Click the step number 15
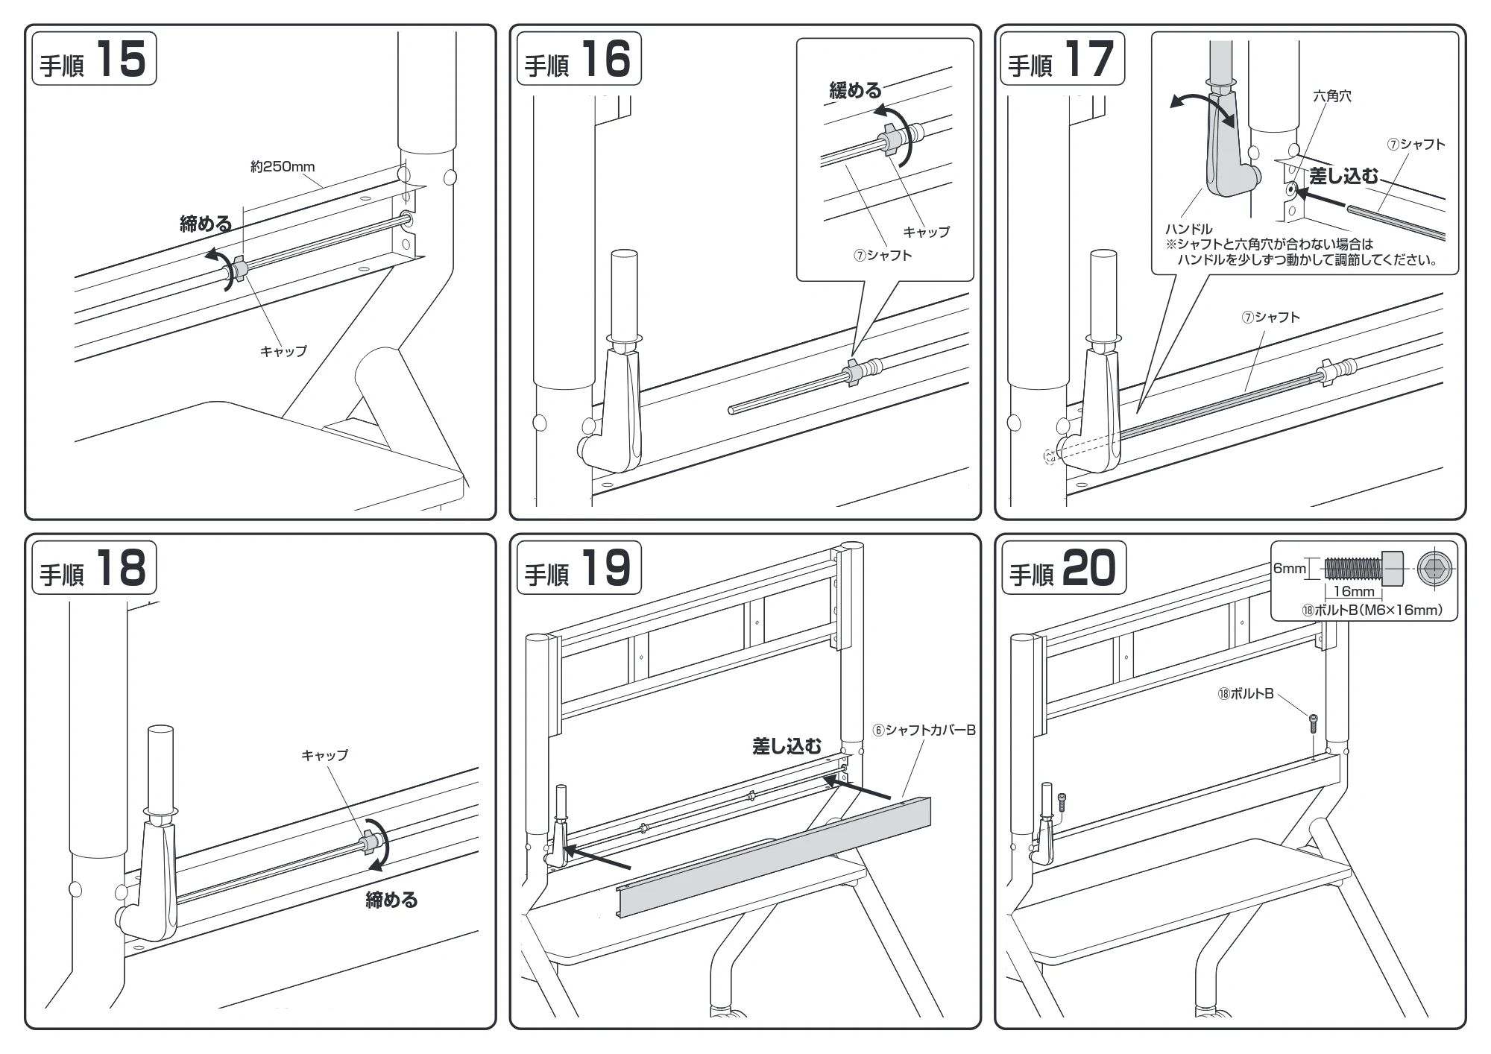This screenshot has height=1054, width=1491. [121, 58]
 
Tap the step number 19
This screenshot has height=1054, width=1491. [605, 567]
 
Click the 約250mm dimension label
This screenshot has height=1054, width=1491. [283, 166]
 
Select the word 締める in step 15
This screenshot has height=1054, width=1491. [206, 223]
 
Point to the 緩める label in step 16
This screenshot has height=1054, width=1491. [855, 91]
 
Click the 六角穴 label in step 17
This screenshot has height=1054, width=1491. [1331, 96]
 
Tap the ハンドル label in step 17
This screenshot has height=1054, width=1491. [1188, 229]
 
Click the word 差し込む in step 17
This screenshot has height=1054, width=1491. [1343, 176]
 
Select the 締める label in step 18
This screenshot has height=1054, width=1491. [391, 899]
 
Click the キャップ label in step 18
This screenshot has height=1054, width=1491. [324, 755]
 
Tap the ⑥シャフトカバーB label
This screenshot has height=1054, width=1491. [924, 730]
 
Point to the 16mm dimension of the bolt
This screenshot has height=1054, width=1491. [1353, 591]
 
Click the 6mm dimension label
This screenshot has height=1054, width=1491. [1289, 569]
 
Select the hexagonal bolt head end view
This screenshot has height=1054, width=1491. [1435, 569]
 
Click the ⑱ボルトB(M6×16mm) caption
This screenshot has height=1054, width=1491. [1372, 610]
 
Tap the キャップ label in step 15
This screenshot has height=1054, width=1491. [283, 350]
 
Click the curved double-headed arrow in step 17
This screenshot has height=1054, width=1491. [1201, 108]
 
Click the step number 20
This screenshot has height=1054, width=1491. [1088, 568]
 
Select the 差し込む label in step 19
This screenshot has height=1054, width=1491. [787, 746]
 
